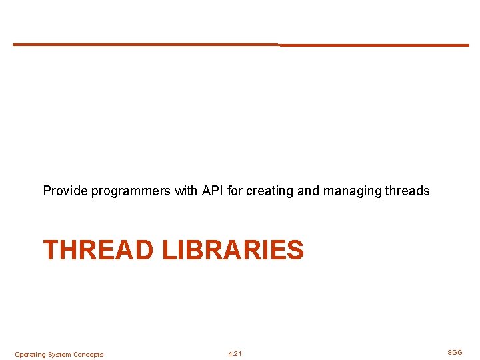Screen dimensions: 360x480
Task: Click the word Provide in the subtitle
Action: pos(65,191)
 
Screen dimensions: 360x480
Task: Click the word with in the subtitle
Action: pos(186,191)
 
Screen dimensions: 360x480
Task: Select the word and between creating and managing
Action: pos(308,191)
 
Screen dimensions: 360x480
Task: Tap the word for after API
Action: pos(235,191)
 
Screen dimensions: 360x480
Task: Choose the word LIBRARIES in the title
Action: pos(232,251)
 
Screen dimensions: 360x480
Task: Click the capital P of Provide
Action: pos(47,191)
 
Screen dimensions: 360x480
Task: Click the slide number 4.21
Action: pos(235,354)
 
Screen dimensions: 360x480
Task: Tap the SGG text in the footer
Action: pos(455,352)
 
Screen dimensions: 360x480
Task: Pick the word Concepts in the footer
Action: pos(88,355)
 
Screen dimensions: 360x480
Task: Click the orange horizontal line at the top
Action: pos(240,45)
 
